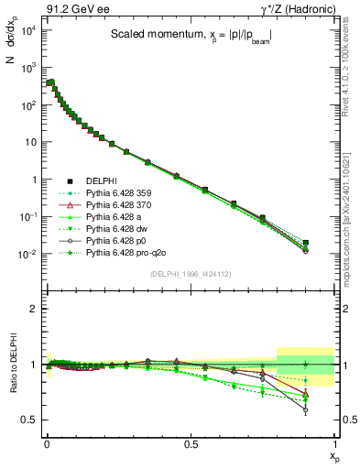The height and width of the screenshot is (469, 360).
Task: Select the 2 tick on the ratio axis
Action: pos(32,309)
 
